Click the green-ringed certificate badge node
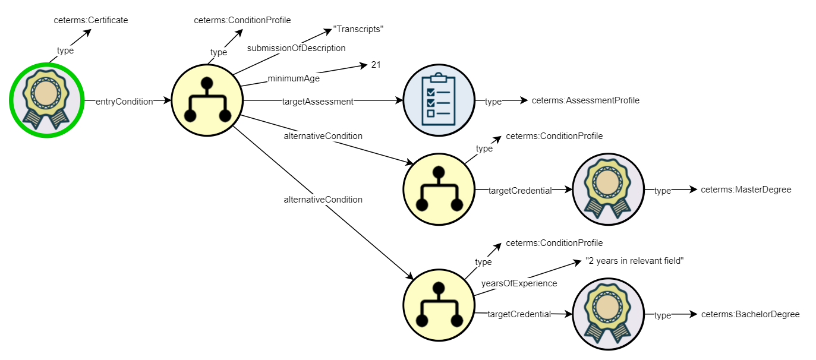click(x=45, y=102)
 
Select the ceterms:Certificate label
click(x=91, y=20)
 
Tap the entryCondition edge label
click(x=124, y=102)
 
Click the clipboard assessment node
click(x=439, y=102)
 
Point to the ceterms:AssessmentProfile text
click(x=585, y=101)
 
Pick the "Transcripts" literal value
click(x=358, y=30)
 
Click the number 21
click(x=376, y=65)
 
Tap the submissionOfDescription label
click(x=296, y=48)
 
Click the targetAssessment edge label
click(x=318, y=102)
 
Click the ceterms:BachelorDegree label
click(x=750, y=314)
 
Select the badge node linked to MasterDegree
click(x=607, y=190)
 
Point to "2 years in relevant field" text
click(x=634, y=261)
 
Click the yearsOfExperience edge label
click(x=519, y=283)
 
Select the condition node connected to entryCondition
click(x=207, y=102)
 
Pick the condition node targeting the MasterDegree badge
click(x=439, y=190)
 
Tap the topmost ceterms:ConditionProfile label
click(x=242, y=20)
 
